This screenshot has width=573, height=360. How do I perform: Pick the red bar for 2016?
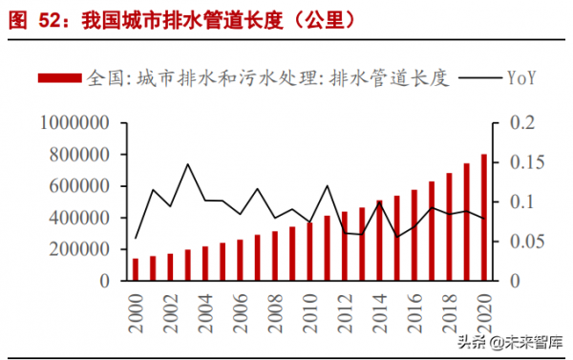tap(414, 235)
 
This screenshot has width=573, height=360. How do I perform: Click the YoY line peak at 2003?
tap(188, 164)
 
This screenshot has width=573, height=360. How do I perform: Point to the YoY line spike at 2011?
tap(328, 186)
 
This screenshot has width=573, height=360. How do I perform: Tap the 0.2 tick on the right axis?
tap(511, 123)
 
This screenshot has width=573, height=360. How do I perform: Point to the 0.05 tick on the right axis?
tap(515, 242)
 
